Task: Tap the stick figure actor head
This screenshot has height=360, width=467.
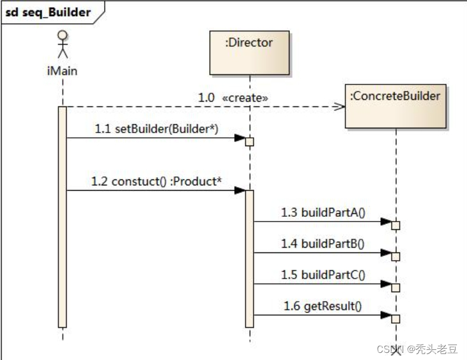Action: click(x=62, y=36)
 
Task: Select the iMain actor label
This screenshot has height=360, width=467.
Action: click(x=62, y=71)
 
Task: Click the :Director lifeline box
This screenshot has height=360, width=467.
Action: click(x=250, y=53)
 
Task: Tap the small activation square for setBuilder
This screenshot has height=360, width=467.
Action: click(x=250, y=141)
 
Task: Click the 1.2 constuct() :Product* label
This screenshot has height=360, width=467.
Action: click(x=156, y=181)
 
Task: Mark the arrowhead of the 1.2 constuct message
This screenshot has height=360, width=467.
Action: click(x=239, y=191)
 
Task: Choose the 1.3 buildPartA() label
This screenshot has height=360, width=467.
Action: click(x=324, y=212)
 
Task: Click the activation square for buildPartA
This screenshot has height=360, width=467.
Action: click(x=396, y=225)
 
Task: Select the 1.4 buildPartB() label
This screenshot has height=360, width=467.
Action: click(x=324, y=243)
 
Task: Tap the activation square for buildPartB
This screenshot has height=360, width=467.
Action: click(x=396, y=256)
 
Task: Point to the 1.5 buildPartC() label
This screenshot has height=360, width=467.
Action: click(x=324, y=274)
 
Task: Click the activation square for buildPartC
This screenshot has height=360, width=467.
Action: click(x=396, y=288)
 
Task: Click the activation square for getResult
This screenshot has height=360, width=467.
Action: click(x=396, y=319)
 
